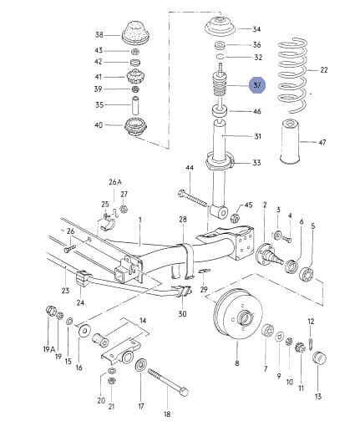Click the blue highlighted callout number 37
(257, 85)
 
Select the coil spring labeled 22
(292, 76)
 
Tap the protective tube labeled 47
(290, 141)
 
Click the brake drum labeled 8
(237, 314)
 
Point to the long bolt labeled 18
(169, 382)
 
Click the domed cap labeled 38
(135, 33)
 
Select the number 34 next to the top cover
(256, 29)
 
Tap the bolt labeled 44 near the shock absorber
(192, 198)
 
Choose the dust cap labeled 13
(319, 358)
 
